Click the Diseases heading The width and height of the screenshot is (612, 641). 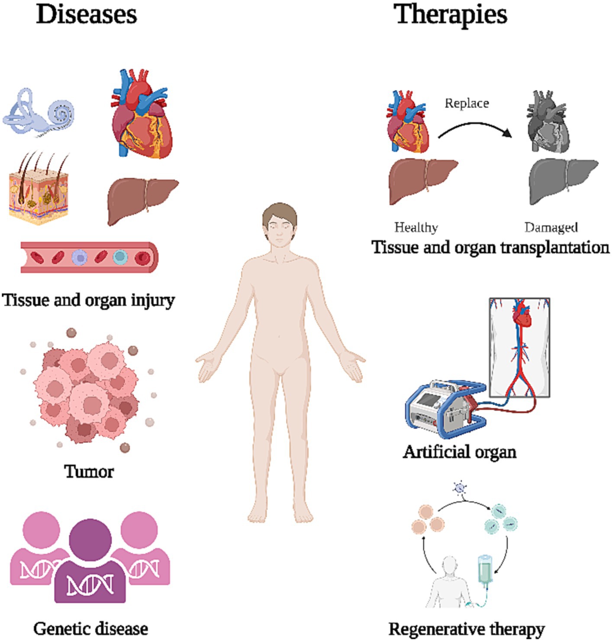(87, 15)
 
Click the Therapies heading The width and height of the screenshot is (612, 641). (450, 15)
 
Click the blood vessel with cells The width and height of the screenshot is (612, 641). (89, 257)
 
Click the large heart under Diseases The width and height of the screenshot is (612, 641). (142, 116)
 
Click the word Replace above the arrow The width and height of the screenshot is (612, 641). (467, 103)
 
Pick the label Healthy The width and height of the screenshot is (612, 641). (416, 227)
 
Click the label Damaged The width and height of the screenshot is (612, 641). (551, 227)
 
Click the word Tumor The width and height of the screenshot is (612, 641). (89, 471)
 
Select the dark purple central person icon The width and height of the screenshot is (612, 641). (90, 562)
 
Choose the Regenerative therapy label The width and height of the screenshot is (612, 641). (466, 629)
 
